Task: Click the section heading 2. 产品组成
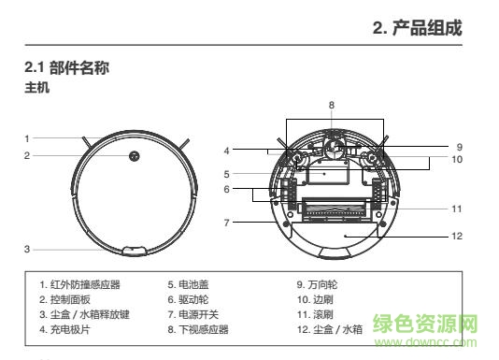[x=417, y=29]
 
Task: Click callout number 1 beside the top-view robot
[x=28, y=137]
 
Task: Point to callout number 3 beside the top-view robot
[x=28, y=249]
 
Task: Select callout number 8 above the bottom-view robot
[x=331, y=104]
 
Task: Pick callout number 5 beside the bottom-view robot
[x=226, y=174]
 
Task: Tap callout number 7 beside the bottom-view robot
[x=226, y=223]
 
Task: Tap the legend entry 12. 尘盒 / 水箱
[x=330, y=329]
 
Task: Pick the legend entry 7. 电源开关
[x=195, y=314]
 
